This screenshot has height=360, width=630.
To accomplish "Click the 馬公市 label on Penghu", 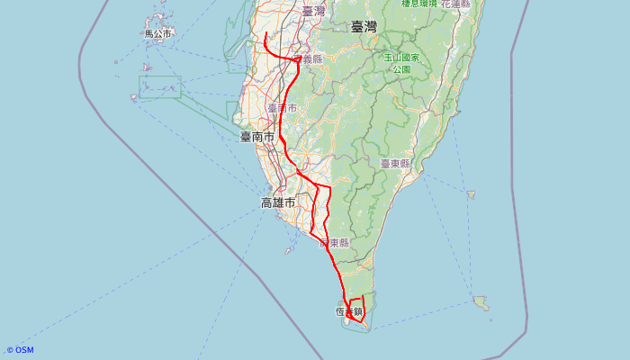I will [157, 34].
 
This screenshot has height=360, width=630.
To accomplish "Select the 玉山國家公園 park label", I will [397, 63].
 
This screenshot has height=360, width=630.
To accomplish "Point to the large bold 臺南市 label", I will [256, 137].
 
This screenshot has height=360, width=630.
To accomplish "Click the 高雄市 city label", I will [278, 202].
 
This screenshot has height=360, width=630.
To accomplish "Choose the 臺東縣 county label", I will [394, 164].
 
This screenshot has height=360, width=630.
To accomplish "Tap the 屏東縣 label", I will [334, 243].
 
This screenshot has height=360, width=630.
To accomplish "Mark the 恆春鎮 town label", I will [349, 312].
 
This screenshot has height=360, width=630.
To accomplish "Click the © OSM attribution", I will [20, 350].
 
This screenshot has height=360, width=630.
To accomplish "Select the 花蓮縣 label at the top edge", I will [454, 4].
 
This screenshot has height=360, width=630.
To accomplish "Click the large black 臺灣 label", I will [364, 27].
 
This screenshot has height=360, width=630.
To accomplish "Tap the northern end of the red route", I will [265, 33].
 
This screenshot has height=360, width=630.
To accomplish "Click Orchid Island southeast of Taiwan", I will [481, 302].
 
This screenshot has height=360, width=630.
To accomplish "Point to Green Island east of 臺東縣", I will [471, 193].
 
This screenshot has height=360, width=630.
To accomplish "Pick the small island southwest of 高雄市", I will [288, 251].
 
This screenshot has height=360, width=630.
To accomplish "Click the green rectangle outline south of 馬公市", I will [160, 86].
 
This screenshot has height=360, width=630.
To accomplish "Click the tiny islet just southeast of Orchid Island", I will [490, 319].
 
